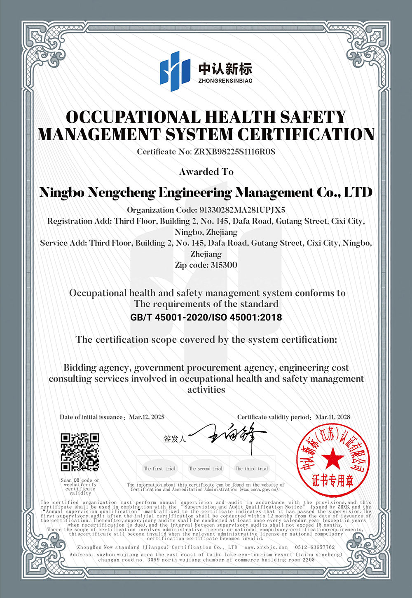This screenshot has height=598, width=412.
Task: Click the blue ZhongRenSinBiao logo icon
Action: (175, 71)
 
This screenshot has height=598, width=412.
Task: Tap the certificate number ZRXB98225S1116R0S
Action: (234, 152)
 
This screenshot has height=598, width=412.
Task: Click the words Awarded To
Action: (206, 172)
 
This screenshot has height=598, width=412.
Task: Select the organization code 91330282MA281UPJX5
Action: (242, 210)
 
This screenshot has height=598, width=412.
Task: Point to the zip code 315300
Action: (224, 265)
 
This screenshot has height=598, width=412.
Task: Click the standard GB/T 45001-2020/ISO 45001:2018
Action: (206, 317)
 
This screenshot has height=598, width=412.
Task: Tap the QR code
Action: (80, 452)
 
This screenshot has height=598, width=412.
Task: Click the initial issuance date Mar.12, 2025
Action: (147, 417)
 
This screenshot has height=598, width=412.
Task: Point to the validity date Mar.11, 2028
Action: (333, 417)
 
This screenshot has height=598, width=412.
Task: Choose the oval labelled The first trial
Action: (159, 469)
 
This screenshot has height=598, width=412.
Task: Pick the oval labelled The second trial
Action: (206, 469)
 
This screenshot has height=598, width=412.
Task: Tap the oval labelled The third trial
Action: (252, 469)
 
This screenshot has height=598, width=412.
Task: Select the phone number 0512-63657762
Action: (315, 547)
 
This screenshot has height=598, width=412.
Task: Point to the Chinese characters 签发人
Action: (175, 439)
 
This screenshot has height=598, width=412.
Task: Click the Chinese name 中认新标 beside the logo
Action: (225, 68)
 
